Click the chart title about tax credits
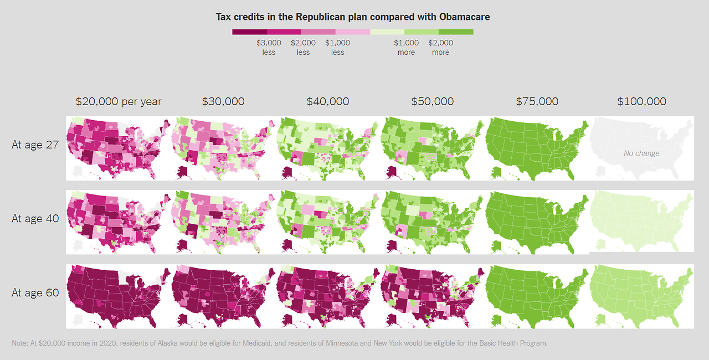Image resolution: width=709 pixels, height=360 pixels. pos(353,17)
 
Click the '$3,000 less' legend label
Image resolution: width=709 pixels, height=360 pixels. pos(269,48)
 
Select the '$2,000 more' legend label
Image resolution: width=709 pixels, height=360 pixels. pos(440,48)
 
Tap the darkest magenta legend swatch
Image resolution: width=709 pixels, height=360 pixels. pos(249,32)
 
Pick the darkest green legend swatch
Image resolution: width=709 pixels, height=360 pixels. pos(456,32)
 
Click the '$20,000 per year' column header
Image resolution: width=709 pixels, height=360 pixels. pos(119,101)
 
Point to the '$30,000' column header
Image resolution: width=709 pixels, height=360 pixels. pos(223,101)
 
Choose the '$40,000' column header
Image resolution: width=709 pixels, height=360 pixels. pos(327,101)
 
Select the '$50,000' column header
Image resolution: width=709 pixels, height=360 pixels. pos(432,101)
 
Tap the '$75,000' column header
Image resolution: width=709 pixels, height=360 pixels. pos(537,101)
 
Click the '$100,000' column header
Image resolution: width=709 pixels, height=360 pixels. pos(641,101)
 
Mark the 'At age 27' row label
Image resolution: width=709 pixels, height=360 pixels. pos(35,145)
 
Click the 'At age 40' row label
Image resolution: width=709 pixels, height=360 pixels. pos(35,218)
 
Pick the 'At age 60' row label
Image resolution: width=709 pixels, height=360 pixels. pos(35,292)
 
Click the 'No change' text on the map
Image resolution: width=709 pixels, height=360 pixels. pos(641,153)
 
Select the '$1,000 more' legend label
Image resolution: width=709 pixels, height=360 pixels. pos(406,48)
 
